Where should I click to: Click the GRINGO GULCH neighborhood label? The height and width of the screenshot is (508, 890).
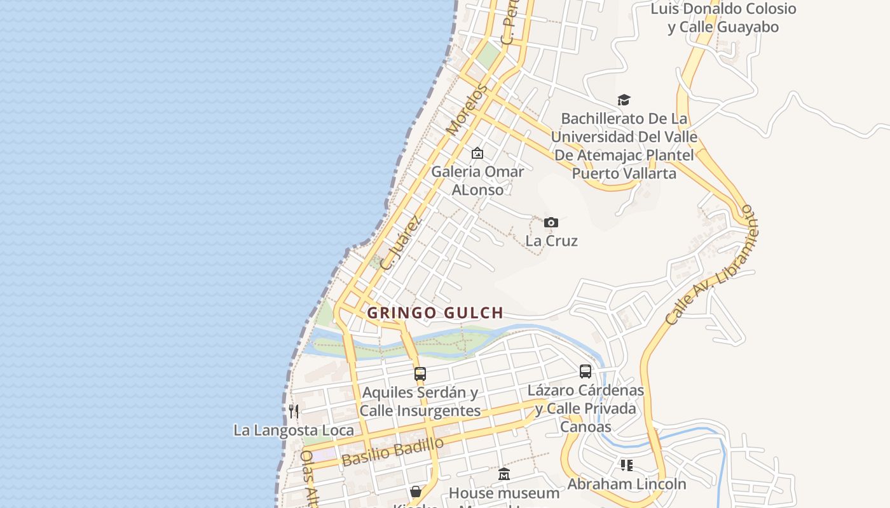[x=435, y=312]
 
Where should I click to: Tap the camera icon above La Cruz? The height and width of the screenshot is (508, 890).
[x=551, y=222]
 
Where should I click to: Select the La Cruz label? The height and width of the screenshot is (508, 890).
[x=551, y=241]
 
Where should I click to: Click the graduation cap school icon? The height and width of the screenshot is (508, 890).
[x=624, y=100]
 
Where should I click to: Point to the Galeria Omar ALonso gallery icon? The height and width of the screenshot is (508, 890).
[x=477, y=153]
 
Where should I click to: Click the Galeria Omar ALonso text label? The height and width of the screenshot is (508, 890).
[x=477, y=180]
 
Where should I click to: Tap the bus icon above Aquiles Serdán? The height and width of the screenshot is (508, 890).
[x=420, y=373]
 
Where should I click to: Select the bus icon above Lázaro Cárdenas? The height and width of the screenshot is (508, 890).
[x=585, y=371]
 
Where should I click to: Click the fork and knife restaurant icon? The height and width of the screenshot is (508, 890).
[x=294, y=411]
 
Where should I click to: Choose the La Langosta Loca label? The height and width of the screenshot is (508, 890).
[x=294, y=430]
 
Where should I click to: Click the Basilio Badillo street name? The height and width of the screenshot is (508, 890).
[x=392, y=452]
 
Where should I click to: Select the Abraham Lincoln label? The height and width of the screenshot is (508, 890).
[x=627, y=484]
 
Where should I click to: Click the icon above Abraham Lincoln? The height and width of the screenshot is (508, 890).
[x=627, y=465]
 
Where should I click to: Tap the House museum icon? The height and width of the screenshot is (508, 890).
[x=504, y=474]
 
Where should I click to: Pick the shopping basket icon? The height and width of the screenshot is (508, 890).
[x=416, y=491]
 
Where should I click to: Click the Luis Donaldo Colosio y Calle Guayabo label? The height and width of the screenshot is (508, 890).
[x=723, y=18]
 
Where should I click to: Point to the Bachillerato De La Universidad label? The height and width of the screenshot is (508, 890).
[x=624, y=146]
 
